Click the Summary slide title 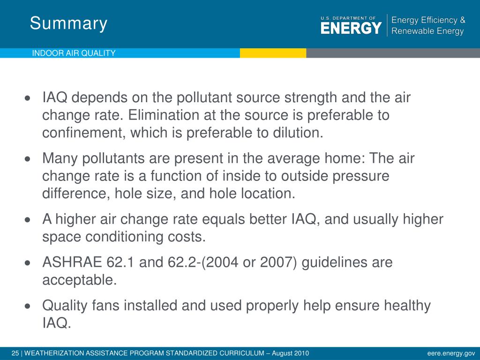tap(68, 23)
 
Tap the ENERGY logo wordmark tap(351, 28)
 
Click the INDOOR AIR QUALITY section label tap(74, 53)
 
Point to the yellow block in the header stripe tap(273, 53)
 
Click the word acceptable tap(78, 280)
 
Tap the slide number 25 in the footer tap(14, 353)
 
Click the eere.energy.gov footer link tap(451, 353)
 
